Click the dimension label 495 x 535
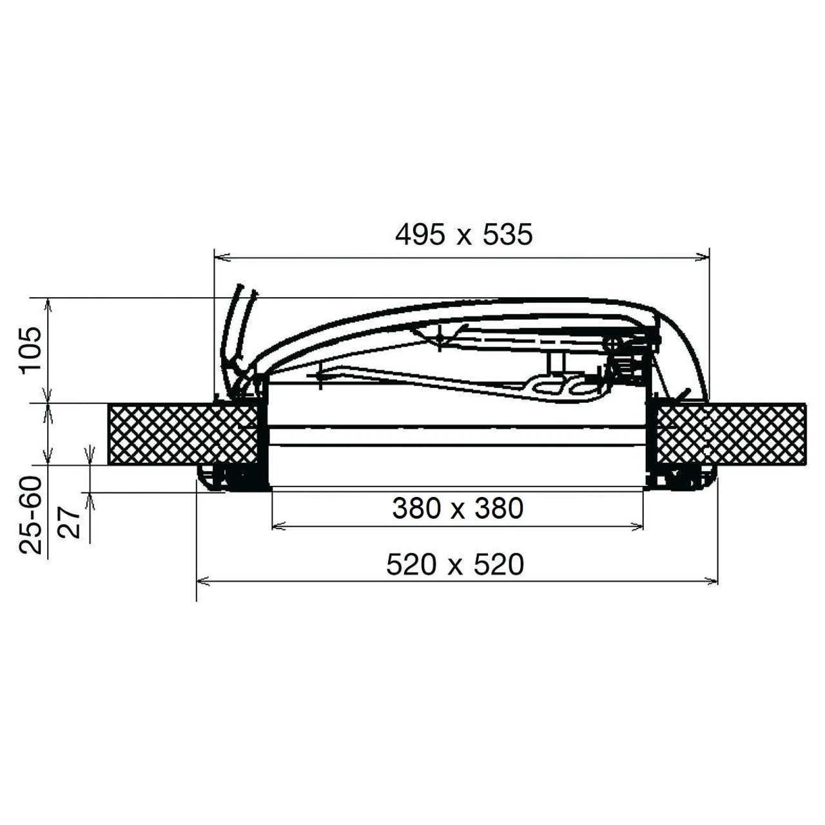click(463, 235)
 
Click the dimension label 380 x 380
click(457, 509)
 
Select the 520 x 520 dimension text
click(455, 565)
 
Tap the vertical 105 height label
click(30, 349)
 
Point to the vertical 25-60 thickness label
click(31, 516)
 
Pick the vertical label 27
click(71, 521)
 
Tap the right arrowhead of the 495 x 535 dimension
click(704, 258)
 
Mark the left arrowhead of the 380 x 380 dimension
click(277, 527)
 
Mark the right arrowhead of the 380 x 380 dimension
click(639, 527)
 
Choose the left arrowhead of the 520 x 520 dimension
click(201, 581)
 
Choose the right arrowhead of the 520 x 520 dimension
click(712, 581)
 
